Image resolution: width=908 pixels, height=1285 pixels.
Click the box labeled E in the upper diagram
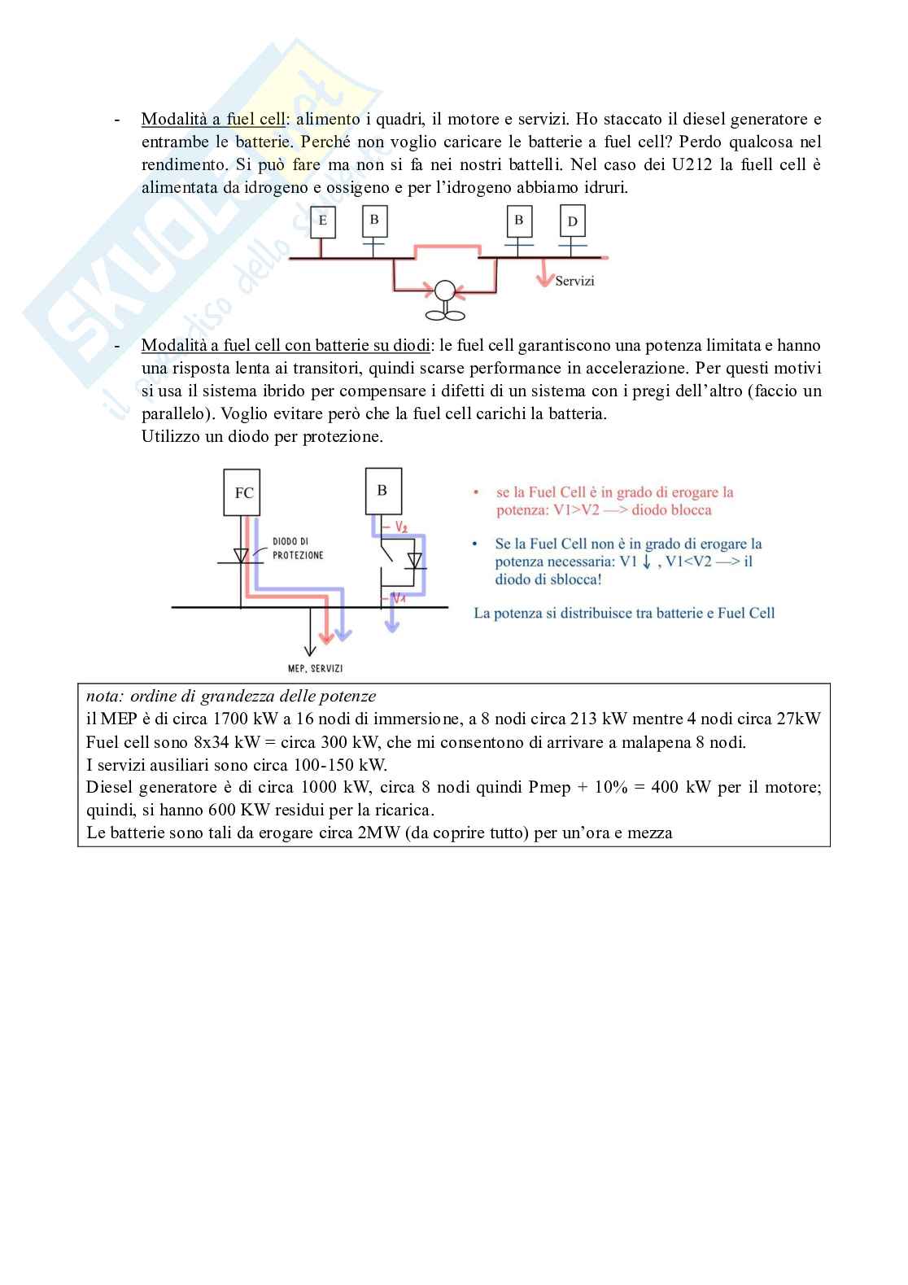[323, 221]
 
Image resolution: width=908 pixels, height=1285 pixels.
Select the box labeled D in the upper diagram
[573, 221]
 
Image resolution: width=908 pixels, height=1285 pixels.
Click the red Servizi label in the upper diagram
[574, 281]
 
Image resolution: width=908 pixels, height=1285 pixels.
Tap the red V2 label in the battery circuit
[401, 527]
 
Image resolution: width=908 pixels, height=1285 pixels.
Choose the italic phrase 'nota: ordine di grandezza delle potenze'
[231, 696]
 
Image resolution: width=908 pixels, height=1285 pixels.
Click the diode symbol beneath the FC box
[241, 556]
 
